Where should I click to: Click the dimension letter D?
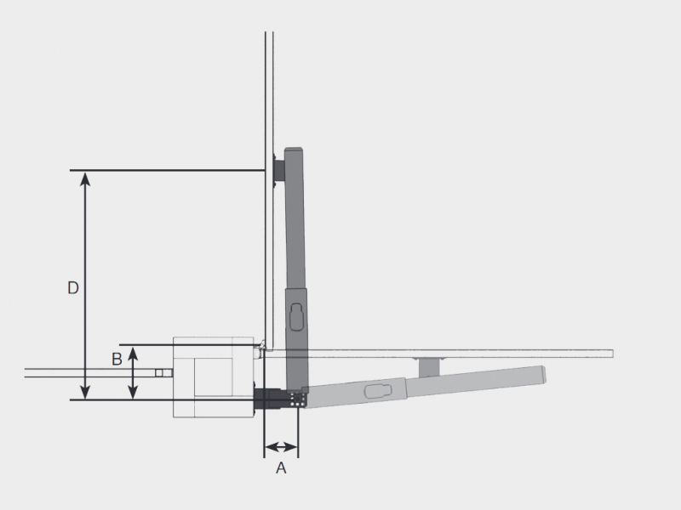tap(73, 288)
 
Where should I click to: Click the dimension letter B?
tap(117, 360)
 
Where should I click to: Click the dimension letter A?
tap(281, 468)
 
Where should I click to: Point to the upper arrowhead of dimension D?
tap(86, 178)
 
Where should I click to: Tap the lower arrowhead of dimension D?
tap(86, 392)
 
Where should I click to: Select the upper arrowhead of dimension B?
tap(134, 353)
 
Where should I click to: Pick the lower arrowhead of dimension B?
tap(134, 392)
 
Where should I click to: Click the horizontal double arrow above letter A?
tap(281, 446)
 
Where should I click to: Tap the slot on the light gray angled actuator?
tap(378, 390)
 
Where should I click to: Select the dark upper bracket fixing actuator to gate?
tap(279, 171)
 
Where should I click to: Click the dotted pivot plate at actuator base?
tap(297, 399)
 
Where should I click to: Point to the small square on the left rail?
tap(159, 373)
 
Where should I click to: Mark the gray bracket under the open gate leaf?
tap(430, 367)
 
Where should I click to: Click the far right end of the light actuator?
tap(543, 375)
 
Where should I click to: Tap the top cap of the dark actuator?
tap(294, 150)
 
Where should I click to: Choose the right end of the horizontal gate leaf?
tap(612, 354)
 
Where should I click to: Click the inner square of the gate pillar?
tap(213, 377)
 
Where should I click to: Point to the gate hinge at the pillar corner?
tap(261, 346)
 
